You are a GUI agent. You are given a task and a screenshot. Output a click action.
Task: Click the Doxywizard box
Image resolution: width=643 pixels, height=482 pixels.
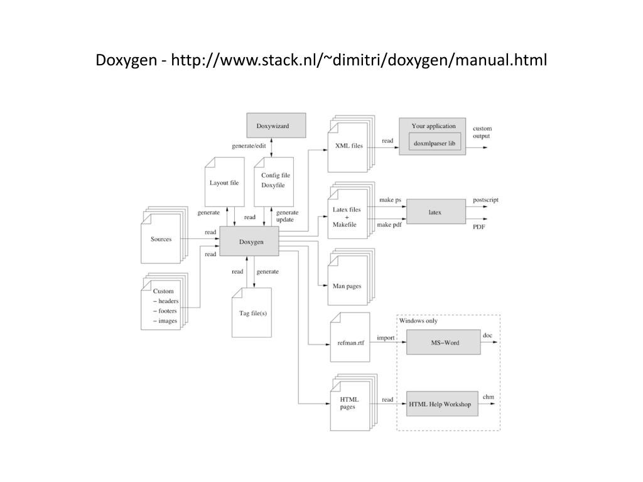pos(276,125)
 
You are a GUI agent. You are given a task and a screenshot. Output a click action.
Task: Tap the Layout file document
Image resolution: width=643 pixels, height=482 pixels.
pos(224,183)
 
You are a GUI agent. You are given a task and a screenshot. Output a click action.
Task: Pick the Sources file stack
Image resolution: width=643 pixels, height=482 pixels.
pos(161,239)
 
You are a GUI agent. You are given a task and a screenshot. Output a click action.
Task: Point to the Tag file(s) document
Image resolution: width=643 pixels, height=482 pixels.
pos(252,313)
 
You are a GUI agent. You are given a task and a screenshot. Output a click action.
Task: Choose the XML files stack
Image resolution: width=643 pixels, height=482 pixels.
pos(347,146)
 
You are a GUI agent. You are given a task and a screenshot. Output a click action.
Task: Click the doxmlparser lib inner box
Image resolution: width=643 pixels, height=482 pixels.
pos(435,143)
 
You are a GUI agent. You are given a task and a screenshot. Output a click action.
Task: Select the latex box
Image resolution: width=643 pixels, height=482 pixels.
pos(435,212)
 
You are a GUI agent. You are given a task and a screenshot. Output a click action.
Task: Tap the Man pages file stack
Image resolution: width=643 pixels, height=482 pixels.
pos(347,286)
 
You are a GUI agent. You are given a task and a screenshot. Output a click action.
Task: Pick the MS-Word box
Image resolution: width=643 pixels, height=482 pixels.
pos(443,343)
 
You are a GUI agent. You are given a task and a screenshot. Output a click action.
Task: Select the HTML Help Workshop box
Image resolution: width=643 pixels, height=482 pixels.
pos(440,404)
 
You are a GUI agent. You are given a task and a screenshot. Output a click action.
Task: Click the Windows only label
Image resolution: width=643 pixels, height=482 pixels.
pos(418,321)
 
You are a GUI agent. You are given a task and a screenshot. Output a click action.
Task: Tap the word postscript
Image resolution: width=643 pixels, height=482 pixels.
pos(485,200)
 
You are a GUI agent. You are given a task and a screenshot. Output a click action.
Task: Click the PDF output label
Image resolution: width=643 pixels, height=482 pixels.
pos(479,227)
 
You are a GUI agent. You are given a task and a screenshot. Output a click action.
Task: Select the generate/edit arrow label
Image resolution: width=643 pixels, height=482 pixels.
pos(249,146)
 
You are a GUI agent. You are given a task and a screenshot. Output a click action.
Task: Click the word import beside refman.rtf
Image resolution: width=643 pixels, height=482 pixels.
pos(386,338)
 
